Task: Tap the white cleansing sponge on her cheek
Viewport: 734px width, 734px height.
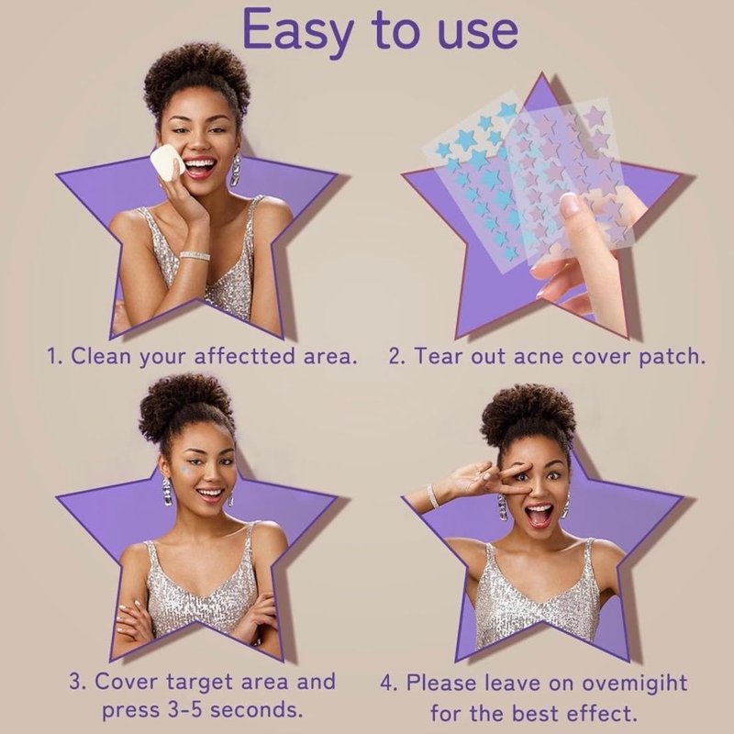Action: (168, 161)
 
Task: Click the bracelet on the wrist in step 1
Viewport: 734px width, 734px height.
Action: (195, 256)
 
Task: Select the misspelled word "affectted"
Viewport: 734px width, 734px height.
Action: (245, 357)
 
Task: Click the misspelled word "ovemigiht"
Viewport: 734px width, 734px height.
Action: (635, 683)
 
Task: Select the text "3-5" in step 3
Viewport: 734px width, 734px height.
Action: (185, 709)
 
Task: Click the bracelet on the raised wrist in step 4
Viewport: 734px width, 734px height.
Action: (433, 496)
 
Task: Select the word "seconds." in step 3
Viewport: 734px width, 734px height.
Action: (256, 709)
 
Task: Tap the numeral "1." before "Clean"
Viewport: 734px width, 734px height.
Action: (54, 357)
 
